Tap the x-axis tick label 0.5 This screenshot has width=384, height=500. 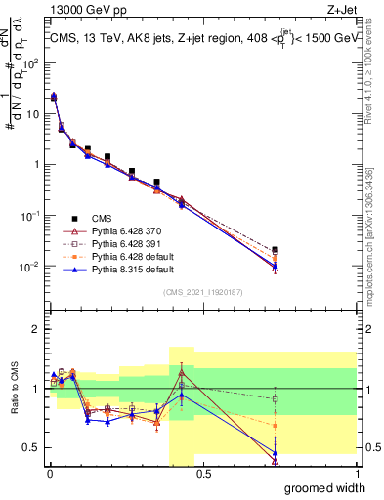(x=203, y=475)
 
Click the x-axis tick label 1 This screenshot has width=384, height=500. (x=356, y=475)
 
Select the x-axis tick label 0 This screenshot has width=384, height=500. (x=50, y=475)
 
